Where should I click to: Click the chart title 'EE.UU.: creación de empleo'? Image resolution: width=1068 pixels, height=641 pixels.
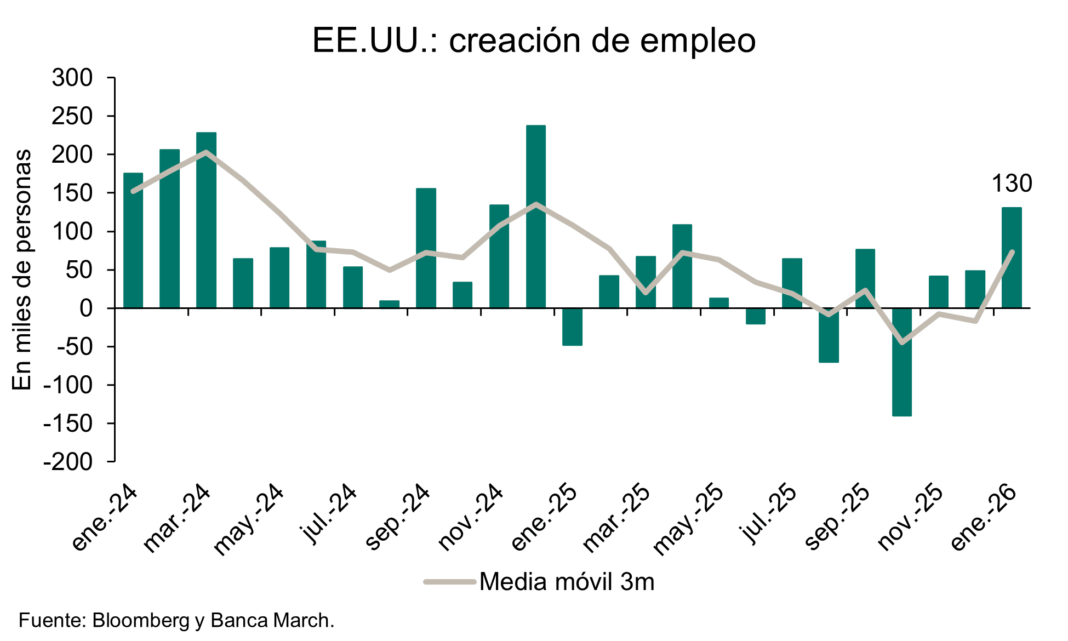coord(534,40)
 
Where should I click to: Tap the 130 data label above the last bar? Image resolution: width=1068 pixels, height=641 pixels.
coord(1012,184)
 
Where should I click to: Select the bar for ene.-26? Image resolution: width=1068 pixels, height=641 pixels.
coord(1012,257)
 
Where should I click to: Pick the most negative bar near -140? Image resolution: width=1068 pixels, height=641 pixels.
coord(901,362)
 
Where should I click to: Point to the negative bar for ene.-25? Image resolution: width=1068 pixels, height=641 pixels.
coord(572,327)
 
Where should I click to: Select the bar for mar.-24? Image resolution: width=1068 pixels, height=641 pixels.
coord(206,220)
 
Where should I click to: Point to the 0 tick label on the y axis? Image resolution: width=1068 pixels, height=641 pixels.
coord(86,308)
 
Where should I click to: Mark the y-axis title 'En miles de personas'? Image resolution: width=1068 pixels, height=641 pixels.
coord(22,270)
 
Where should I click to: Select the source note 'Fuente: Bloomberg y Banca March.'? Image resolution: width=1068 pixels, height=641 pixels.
coord(176,621)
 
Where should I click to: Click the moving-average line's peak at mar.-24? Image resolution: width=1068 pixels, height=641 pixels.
coord(206,152)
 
